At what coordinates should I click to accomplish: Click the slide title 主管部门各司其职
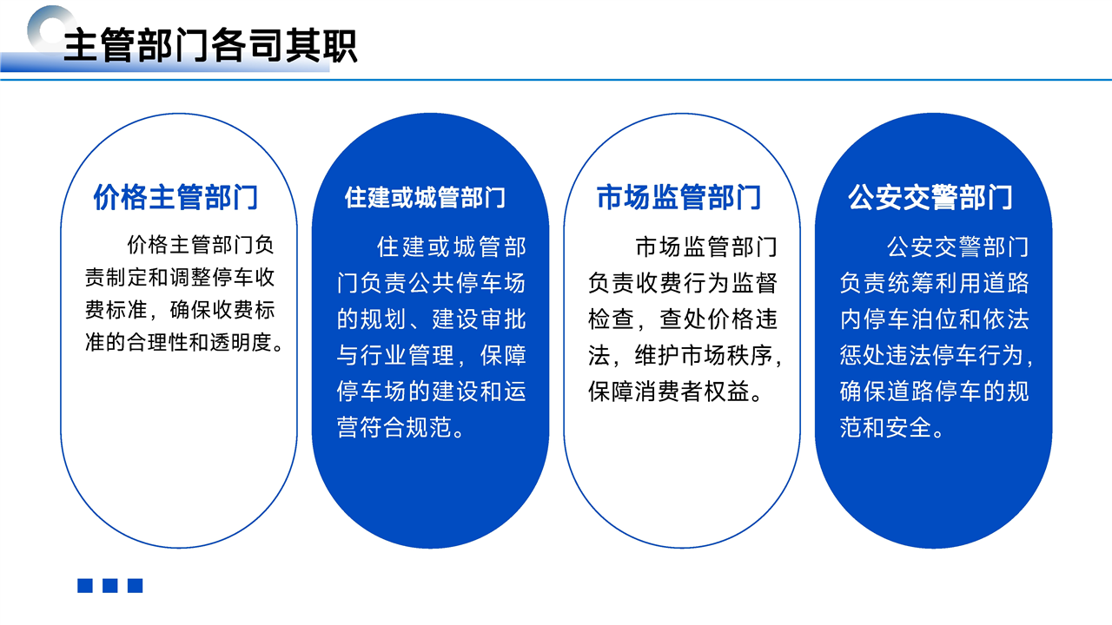pos(210,45)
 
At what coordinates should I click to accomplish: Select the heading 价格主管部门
pos(175,197)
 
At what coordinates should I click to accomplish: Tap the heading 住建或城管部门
pos(425,197)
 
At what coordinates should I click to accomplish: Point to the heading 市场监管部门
pos(678,197)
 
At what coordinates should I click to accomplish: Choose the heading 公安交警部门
pos(930,197)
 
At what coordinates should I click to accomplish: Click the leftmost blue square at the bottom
pos(85,585)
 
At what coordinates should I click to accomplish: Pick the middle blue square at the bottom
pos(110,585)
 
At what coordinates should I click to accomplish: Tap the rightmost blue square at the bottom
pos(135,585)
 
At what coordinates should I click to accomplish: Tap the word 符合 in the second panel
pos(382,427)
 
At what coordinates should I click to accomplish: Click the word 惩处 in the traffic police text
pos(863,355)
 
